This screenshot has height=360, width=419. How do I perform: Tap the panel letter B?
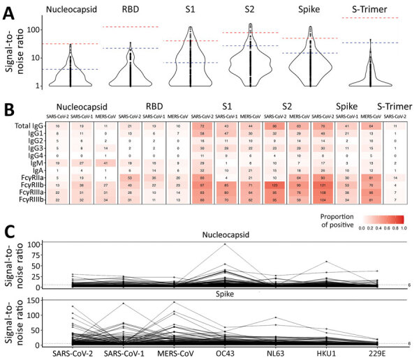(x=9, y=108)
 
